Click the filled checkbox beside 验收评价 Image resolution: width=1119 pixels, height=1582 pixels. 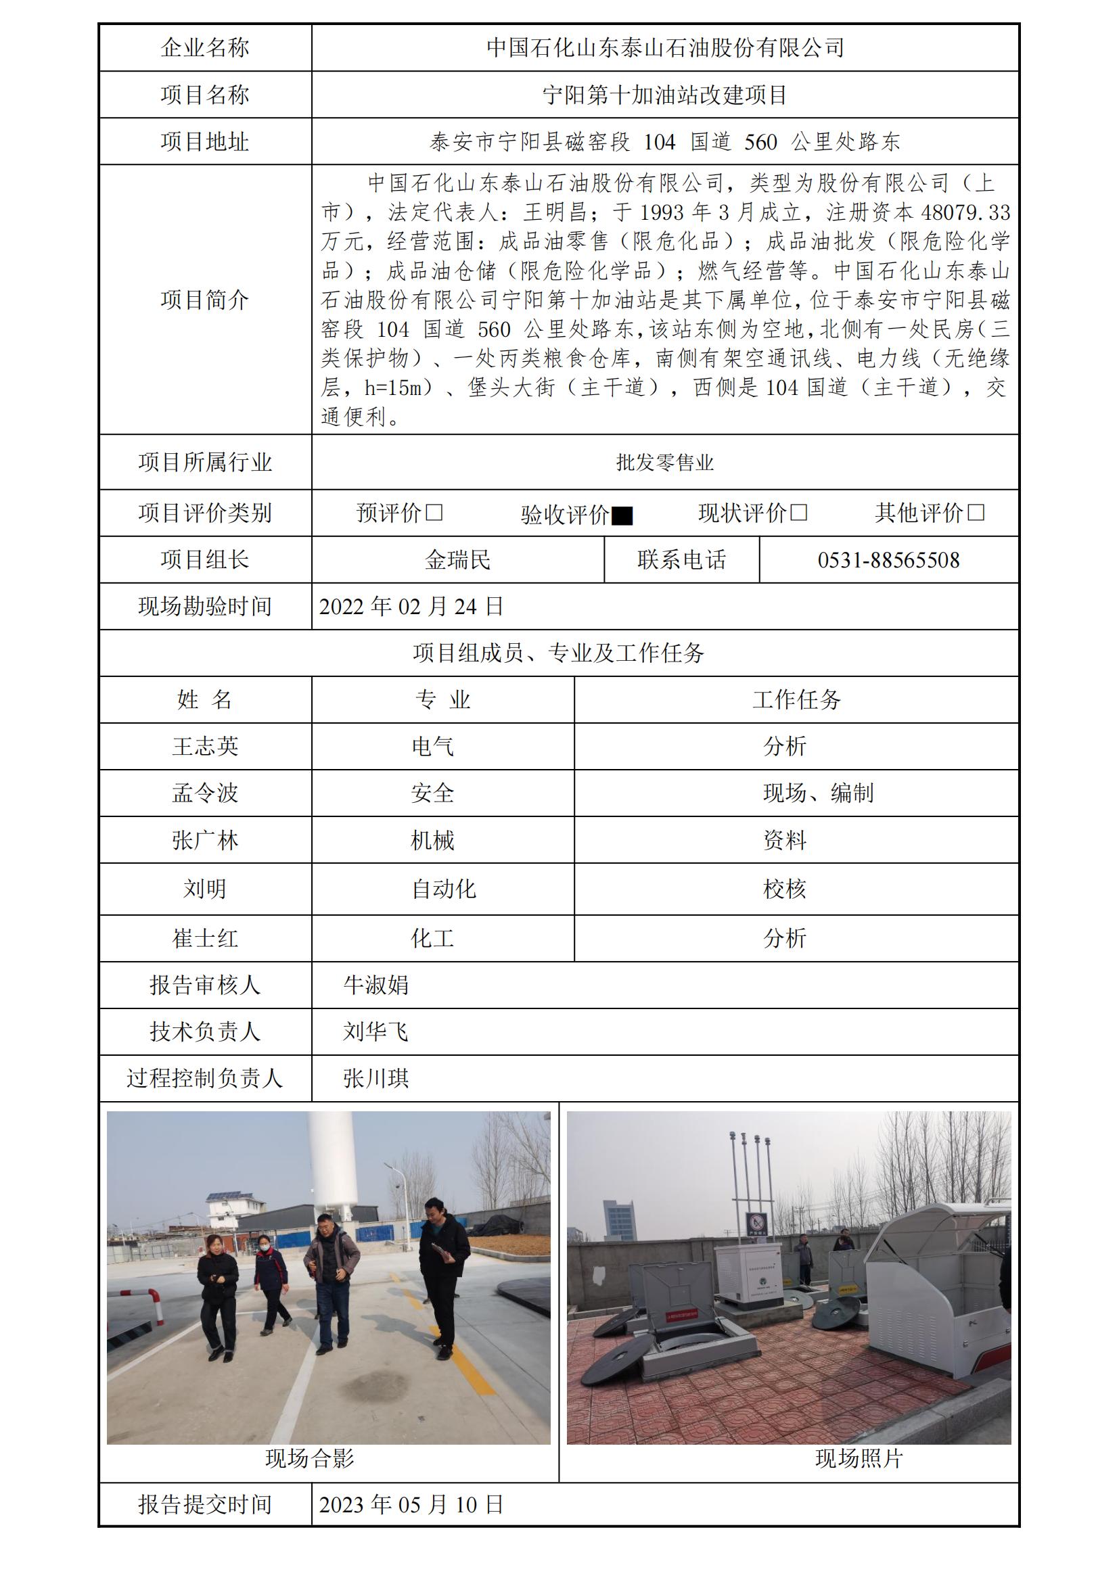pyautogui.click(x=622, y=515)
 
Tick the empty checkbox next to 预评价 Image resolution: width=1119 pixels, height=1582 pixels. pyautogui.click(x=434, y=513)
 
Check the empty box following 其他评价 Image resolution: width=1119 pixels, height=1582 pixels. pyautogui.click(x=976, y=513)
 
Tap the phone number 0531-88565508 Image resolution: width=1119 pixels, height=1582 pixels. pyautogui.click(x=888, y=560)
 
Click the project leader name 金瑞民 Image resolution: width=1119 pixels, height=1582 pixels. pyautogui.click(x=457, y=560)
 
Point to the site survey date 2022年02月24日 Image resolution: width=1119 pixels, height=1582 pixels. pyautogui.click(x=411, y=607)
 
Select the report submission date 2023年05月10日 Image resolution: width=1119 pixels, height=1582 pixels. pyautogui.click(x=411, y=1505)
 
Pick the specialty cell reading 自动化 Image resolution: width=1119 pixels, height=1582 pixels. pyautogui.click(x=443, y=889)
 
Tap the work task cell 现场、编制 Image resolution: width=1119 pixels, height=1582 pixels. pyautogui.click(x=818, y=794)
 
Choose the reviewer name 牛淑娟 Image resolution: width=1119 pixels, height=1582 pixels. pyautogui.click(x=375, y=985)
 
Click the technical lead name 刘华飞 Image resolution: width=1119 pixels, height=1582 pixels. pyautogui.click(x=375, y=1032)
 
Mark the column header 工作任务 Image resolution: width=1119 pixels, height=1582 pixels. pyautogui.click(x=796, y=700)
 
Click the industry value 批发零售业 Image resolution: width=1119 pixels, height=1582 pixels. pyautogui.click(x=664, y=463)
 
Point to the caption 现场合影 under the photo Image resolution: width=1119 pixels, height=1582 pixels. pyautogui.click(x=309, y=1458)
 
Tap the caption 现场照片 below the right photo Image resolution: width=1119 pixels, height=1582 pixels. pyautogui.click(x=859, y=1458)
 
